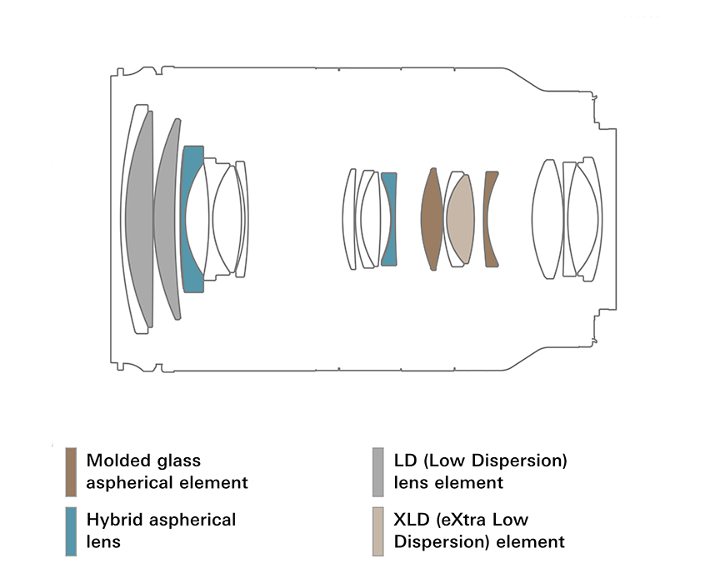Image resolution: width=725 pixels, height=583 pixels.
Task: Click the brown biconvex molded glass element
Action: tap(431, 219)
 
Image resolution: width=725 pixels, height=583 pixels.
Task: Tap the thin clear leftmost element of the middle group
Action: tap(349, 219)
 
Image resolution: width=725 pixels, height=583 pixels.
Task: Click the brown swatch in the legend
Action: tap(71, 471)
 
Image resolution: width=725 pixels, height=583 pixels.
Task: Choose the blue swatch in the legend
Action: tap(71, 531)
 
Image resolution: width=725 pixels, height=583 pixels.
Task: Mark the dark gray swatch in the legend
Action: tap(378, 471)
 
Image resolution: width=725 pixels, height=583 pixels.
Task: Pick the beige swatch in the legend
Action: tap(378, 531)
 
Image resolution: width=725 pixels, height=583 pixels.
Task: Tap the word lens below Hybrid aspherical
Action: tap(103, 542)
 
